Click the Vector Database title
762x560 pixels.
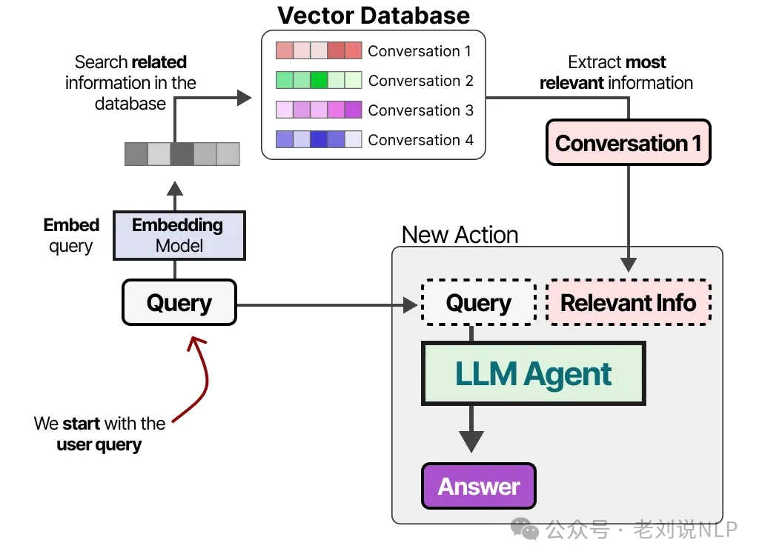[x=374, y=15]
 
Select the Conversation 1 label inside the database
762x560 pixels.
[x=420, y=51]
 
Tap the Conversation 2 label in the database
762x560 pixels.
[x=420, y=81]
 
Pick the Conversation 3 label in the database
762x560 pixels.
[x=420, y=110]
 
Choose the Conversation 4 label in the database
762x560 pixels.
[x=420, y=140]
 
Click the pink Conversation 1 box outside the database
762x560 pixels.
[x=628, y=142]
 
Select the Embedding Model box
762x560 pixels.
[x=179, y=235]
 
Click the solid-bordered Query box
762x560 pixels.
[x=179, y=302]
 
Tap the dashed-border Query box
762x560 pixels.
[x=478, y=302]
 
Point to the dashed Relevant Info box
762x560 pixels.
[x=628, y=302]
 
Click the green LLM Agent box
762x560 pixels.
[x=534, y=373]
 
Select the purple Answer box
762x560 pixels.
[x=478, y=486]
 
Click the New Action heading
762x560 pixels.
[x=460, y=235]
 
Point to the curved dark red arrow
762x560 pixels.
[x=199, y=378]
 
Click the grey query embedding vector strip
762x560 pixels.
[x=182, y=153]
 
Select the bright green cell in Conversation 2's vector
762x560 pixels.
[x=319, y=80]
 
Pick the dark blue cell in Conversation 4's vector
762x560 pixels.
[x=319, y=139]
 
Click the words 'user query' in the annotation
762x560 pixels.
[x=99, y=444]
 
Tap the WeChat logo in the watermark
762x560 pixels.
[x=529, y=529]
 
